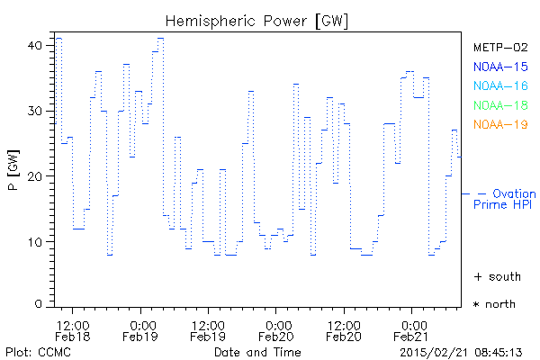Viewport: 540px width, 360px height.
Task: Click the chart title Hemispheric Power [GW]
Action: click(257, 20)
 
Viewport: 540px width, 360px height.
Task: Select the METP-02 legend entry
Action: click(499, 47)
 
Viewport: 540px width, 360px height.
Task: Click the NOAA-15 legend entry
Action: click(499, 67)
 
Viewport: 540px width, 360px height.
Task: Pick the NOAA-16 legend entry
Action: click(499, 85)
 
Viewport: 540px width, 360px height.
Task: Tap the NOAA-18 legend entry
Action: click(499, 105)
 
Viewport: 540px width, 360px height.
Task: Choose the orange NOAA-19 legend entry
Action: click(499, 124)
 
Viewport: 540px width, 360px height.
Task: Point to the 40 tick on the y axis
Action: click(37, 44)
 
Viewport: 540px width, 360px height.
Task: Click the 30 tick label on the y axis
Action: click(37, 111)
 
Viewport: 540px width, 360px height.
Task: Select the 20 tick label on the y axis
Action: click(37, 176)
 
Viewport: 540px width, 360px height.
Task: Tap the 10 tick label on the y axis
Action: click(37, 242)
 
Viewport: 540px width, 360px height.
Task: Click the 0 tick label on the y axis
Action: click(40, 304)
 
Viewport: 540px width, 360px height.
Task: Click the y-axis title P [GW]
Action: click(13, 175)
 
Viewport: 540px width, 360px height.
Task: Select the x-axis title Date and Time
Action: click(257, 351)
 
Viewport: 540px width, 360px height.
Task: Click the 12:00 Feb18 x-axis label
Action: click(73, 329)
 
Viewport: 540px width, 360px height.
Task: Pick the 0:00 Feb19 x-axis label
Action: click(141, 329)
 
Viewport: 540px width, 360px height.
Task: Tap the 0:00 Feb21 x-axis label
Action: click(413, 329)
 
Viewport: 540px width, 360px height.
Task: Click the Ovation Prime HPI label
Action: click(504, 199)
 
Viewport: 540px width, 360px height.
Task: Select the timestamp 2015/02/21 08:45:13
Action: click(462, 351)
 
